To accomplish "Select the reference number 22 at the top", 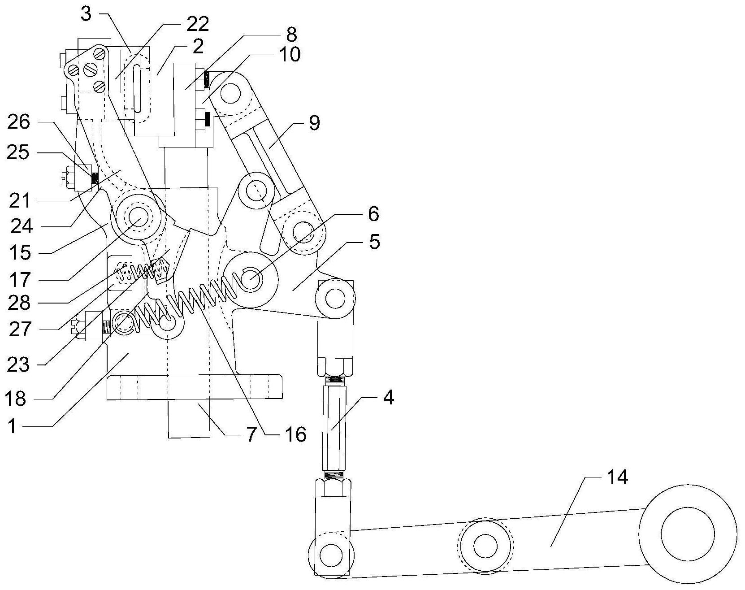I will pos(198,24).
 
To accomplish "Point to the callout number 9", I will pos(314,123).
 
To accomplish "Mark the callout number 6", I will pos(373,214).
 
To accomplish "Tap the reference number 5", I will pos(374,242).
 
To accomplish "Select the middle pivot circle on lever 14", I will pos(485,546).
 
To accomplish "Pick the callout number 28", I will pos(18,303).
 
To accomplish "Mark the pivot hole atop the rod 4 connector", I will pos(335,298).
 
